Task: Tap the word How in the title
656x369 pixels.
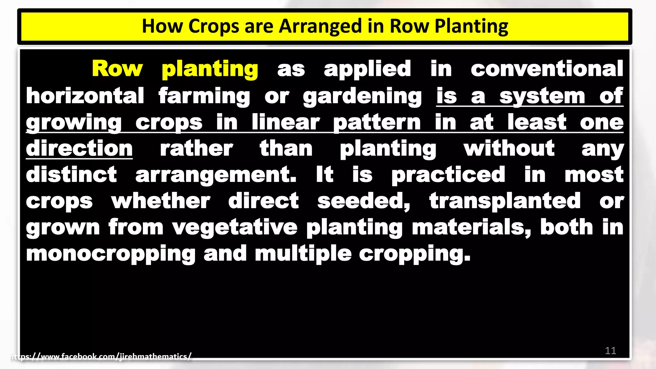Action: [x=162, y=26]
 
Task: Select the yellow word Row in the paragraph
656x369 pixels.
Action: [x=117, y=69]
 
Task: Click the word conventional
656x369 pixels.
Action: [x=547, y=69]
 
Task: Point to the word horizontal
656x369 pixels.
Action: [x=85, y=96]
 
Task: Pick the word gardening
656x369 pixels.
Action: [x=362, y=96]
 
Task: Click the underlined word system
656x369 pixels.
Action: [x=542, y=96]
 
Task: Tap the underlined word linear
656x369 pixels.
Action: [x=285, y=122]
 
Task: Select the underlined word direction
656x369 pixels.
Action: [x=79, y=148]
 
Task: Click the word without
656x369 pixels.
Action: [x=509, y=148]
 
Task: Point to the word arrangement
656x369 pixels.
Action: [x=216, y=175]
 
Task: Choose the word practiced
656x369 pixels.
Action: [x=448, y=175]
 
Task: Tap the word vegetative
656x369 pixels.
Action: [x=235, y=228]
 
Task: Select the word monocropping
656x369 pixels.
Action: [x=111, y=254]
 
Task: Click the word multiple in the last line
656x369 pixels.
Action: [x=303, y=254]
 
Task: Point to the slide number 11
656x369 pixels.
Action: [x=611, y=351]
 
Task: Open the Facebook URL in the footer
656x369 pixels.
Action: [x=101, y=357]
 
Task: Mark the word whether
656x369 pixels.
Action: [x=160, y=201]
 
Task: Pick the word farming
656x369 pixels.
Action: [x=204, y=96]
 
